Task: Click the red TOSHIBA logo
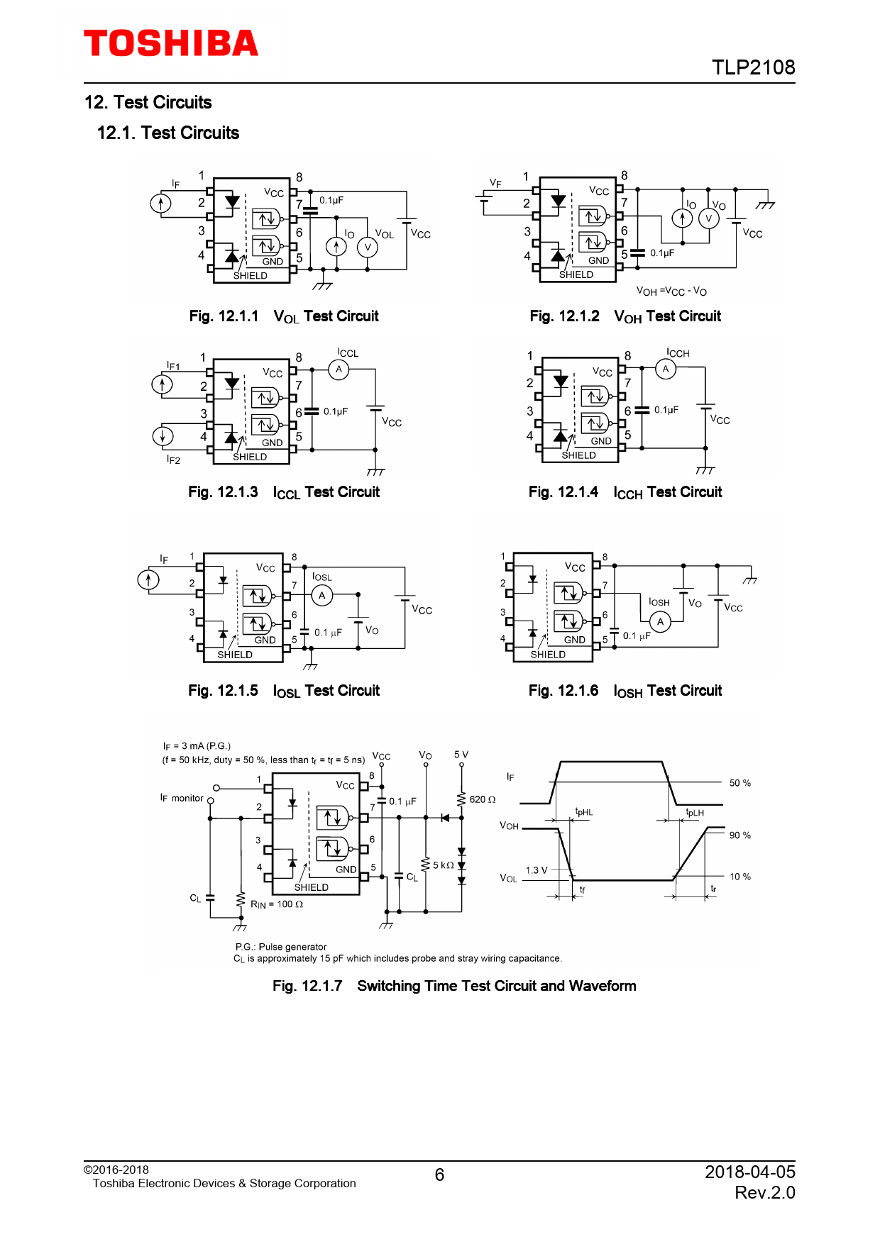[x=171, y=43]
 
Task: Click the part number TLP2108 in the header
[x=753, y=67]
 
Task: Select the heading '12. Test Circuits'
[x=148, y=102]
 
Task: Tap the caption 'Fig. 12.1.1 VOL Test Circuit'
[x=284, y=316]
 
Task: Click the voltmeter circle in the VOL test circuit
[x=368, y=247]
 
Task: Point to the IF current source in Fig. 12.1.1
[x=161, y=204]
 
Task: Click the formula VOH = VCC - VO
[x=671, y=291]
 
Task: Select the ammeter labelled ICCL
[x=339, y=370]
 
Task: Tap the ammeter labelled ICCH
[x=666, y=369]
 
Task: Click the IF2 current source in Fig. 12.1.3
[x=163, y=435]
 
